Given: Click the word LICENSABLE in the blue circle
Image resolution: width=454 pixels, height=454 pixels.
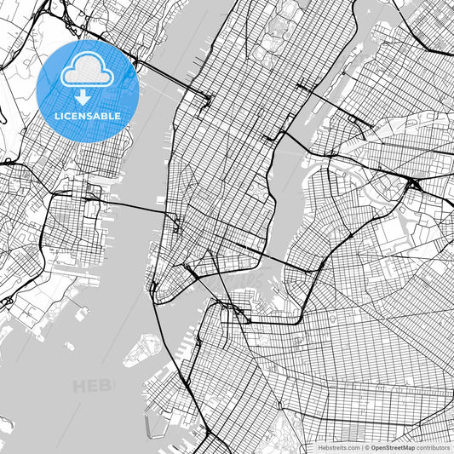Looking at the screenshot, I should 88,115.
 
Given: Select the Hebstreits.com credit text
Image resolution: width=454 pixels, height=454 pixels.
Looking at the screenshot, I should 335,447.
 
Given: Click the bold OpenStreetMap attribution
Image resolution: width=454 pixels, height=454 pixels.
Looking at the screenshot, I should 393,447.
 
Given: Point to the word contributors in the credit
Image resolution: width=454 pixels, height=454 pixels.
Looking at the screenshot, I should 433,447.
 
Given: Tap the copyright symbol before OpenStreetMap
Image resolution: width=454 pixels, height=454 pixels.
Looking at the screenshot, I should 366,447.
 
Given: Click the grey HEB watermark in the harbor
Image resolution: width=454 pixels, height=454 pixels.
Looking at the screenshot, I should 92,387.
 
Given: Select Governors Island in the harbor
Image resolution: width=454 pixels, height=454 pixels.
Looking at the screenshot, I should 143,348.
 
